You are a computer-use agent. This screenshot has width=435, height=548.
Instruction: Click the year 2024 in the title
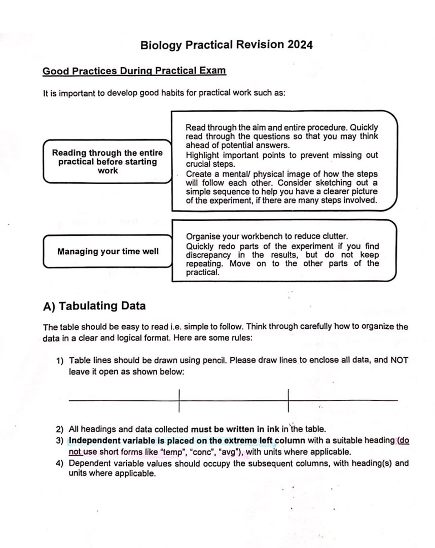tap(300, 45)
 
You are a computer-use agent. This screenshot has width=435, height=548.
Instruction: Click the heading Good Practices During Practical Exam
tap(134, 71)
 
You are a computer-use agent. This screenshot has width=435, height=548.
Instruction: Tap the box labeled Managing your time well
tap(107, 251)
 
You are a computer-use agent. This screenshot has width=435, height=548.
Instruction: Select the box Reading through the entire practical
tap(107, 161)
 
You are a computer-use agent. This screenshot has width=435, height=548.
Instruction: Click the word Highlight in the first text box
tap(203, 155)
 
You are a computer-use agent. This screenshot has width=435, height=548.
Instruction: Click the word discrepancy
tap(208, 255)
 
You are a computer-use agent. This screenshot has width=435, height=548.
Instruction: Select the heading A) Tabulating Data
tap(95, 306)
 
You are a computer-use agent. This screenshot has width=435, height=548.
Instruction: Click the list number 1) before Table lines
tap(60, 360)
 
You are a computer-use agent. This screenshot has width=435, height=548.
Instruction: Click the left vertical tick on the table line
tap(179, 400)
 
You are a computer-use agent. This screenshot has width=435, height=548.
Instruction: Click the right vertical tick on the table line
tap(287, 400)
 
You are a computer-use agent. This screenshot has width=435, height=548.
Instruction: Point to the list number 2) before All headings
tap(60, 429)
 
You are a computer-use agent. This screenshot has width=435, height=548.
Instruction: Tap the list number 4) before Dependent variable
tap(60, 463)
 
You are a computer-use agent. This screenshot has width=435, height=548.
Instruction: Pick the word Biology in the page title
tap(161, 45)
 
